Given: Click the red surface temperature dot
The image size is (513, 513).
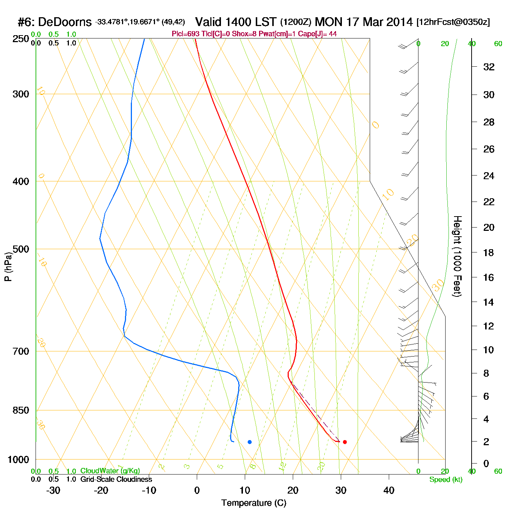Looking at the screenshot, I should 345,442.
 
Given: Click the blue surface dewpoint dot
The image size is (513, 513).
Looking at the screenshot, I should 250,442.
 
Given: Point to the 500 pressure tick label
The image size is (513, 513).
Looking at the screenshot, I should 21,249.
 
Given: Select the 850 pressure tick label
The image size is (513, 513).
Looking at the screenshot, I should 21,410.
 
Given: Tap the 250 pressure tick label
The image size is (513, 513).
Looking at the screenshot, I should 21,39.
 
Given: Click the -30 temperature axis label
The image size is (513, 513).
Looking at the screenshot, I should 53,490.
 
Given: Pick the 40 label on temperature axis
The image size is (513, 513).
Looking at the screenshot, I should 389,490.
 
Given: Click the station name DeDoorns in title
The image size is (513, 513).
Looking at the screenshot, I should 65,22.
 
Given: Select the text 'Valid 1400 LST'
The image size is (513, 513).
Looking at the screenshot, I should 236,22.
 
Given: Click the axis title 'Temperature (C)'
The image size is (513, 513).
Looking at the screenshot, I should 254,503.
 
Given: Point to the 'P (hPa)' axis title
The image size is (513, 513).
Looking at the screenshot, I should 8,266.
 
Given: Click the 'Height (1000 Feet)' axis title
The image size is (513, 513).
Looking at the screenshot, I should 457,256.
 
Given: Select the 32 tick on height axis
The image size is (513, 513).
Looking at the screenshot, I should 489,67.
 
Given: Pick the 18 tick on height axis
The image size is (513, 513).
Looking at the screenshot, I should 489,252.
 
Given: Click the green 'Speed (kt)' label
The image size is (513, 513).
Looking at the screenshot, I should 446,480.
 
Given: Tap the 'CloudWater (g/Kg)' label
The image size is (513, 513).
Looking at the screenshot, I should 110,471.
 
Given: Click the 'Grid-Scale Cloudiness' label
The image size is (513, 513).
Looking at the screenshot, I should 116,479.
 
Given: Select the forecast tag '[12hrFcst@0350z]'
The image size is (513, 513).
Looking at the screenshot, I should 453,22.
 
